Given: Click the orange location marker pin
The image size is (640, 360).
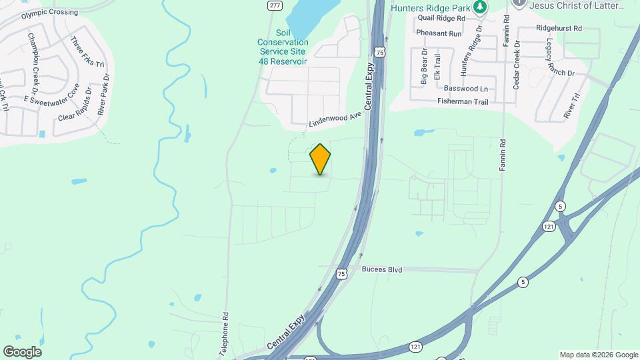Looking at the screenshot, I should click(x=321, y=159).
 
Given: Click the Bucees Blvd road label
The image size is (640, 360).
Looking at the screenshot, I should click(x=382, y=270).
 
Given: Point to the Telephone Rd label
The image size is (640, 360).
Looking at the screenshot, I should click(x=225, y=333).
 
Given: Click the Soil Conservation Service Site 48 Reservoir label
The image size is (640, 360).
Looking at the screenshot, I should click(x=283, y=47).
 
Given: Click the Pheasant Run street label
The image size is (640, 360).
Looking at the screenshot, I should click(x=438, y=33).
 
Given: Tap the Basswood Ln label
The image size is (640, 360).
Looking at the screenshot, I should click(x=465, y=88).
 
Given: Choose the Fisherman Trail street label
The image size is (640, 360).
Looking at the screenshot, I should click(x=463, y=101).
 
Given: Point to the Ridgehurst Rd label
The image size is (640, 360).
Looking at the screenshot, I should click(x=559, y=29).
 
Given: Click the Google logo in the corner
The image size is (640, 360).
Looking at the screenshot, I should click(x=22, y=352).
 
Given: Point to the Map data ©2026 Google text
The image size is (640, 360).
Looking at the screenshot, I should click(x=598, y=355).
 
